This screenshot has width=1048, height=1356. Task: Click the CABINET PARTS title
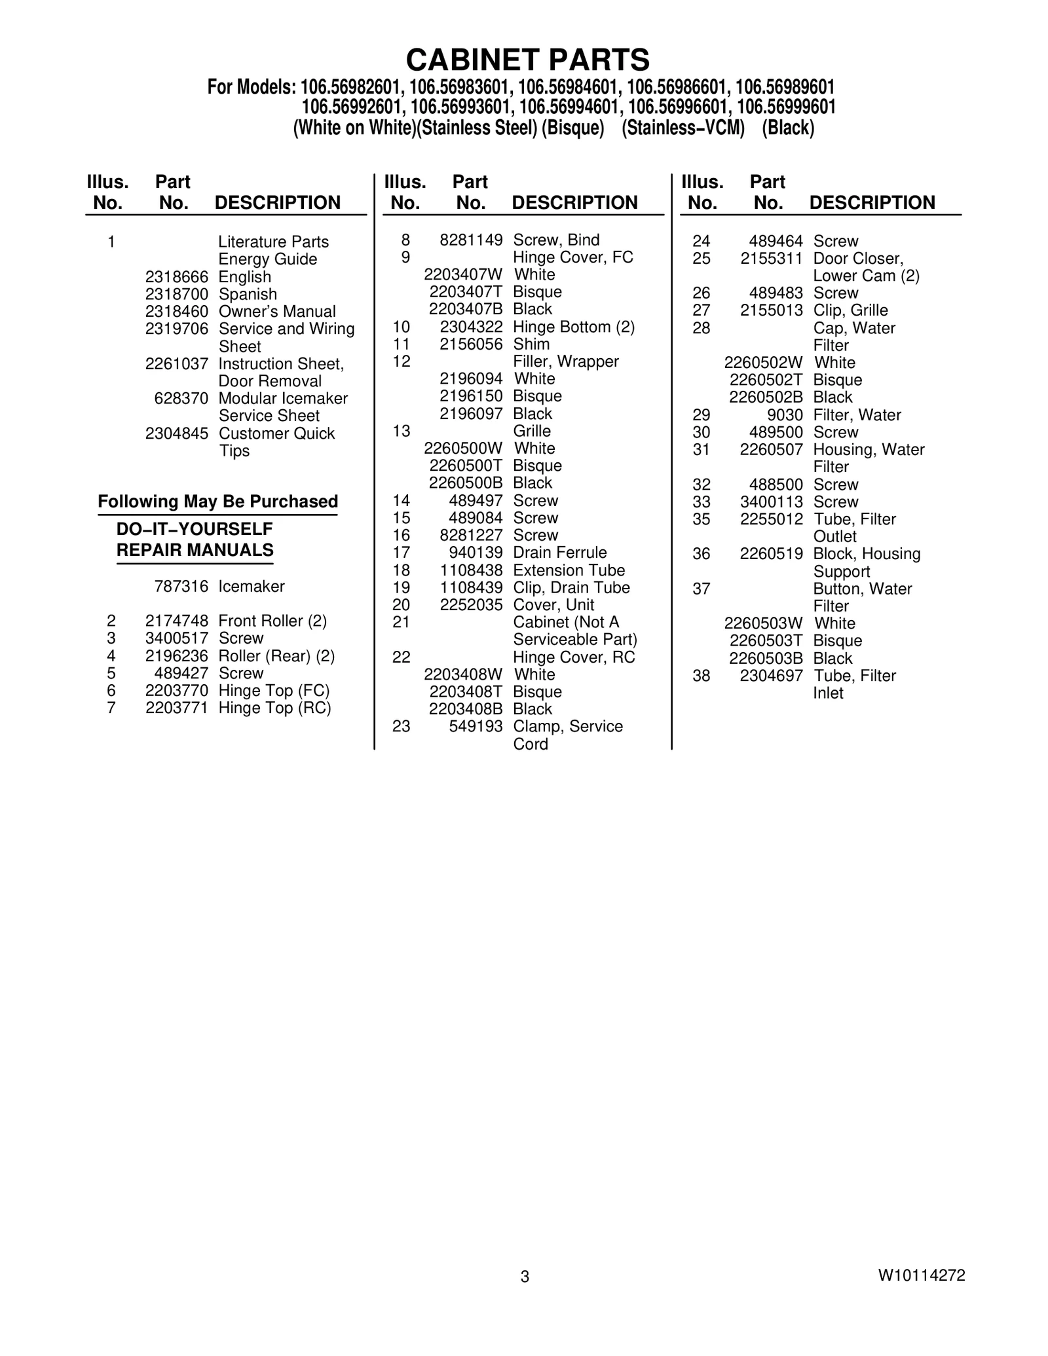pos(528,60)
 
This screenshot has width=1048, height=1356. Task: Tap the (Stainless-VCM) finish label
pos(683,128)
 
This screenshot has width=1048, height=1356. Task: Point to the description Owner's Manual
pos(277,312)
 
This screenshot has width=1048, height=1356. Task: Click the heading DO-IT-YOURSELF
pos(195,529)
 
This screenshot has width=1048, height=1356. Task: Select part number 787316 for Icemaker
pos(181,587)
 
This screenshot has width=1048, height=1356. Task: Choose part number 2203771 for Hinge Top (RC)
pos(177,708)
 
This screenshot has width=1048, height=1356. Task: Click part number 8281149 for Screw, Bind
pos(471,240)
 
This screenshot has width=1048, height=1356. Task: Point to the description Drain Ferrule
pos(560,553)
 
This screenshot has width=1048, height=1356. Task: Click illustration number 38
pos(702,676)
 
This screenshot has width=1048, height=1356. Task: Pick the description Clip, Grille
pos(850,310)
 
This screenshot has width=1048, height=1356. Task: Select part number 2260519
pos(771,554)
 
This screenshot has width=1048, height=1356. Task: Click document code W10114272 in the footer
pos(922,1275)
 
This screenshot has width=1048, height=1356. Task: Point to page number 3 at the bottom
pos(525,1276)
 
